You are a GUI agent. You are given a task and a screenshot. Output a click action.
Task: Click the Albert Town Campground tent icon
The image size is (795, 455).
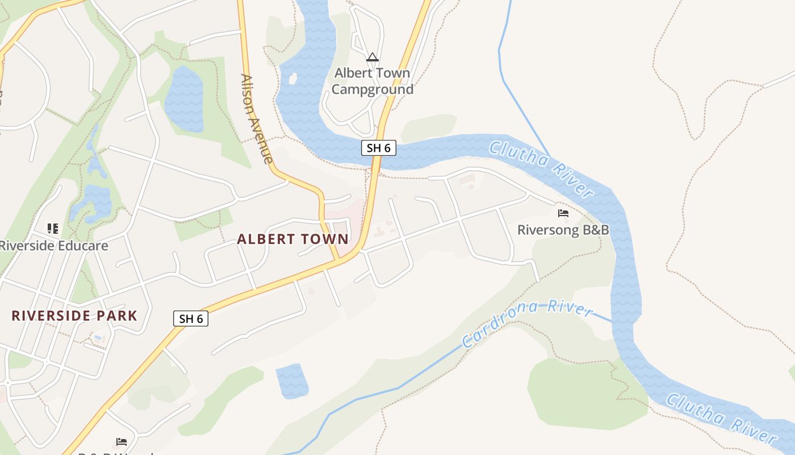coord(372,57)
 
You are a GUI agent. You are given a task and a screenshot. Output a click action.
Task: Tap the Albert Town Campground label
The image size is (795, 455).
coord(372,81)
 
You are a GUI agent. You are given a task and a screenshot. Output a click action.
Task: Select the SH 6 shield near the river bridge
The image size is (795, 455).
coord(378,148)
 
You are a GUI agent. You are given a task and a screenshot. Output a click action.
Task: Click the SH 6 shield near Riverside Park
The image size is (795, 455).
coord(191,318)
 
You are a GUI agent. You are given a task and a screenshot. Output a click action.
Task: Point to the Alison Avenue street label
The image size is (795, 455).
coord(257,119)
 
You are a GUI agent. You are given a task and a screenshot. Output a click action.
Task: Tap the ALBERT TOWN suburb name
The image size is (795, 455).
coord(292,239)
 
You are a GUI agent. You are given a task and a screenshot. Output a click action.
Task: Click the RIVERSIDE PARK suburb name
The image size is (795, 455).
coord(74,316)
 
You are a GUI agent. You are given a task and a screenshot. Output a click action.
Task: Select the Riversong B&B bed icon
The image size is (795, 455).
coord(563,213)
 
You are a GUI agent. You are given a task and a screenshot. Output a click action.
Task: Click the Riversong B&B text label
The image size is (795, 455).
coord(563,230)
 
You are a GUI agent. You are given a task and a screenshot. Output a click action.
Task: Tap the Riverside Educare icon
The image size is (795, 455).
coord(53,229)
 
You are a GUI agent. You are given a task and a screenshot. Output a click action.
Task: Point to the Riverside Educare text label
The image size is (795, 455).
coord(53,246)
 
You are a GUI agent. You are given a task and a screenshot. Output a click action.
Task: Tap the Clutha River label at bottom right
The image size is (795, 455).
coord(721,418)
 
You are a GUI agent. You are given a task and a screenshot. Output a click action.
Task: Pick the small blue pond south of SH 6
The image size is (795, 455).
coord(292,380)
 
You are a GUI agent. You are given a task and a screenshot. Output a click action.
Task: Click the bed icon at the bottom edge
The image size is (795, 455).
coord(121,441)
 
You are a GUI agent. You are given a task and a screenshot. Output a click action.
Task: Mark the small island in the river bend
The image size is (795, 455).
coord(293,78)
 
